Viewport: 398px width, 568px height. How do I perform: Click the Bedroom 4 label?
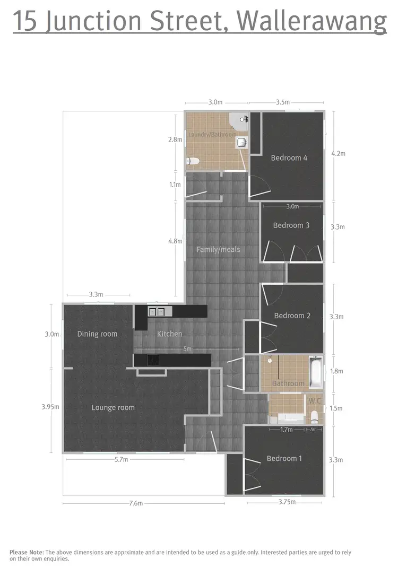(289, 158)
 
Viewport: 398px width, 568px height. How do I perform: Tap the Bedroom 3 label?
(291, 225)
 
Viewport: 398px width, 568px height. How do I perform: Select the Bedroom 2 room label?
(292, 316)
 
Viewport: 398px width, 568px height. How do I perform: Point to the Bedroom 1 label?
(284, 459)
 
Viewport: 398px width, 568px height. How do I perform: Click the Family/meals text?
(218, 249)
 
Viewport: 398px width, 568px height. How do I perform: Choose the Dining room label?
(97, 334)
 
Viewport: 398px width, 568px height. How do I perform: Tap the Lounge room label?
(113, 408)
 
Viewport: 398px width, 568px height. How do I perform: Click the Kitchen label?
(169, 334)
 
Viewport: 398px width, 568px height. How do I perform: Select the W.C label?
(315, 401)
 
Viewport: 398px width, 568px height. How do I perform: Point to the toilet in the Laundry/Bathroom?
(192, 161)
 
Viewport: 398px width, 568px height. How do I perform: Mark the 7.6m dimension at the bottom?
(136, 503)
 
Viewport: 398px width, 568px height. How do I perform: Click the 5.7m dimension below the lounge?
(121, 460)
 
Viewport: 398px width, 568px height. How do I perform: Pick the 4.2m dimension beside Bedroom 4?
(338, 154)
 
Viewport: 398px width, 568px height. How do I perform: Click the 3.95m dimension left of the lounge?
(50, 407)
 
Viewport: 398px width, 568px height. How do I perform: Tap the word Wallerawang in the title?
(312, 21)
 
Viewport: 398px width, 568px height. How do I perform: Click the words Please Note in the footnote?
(27, 552)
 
